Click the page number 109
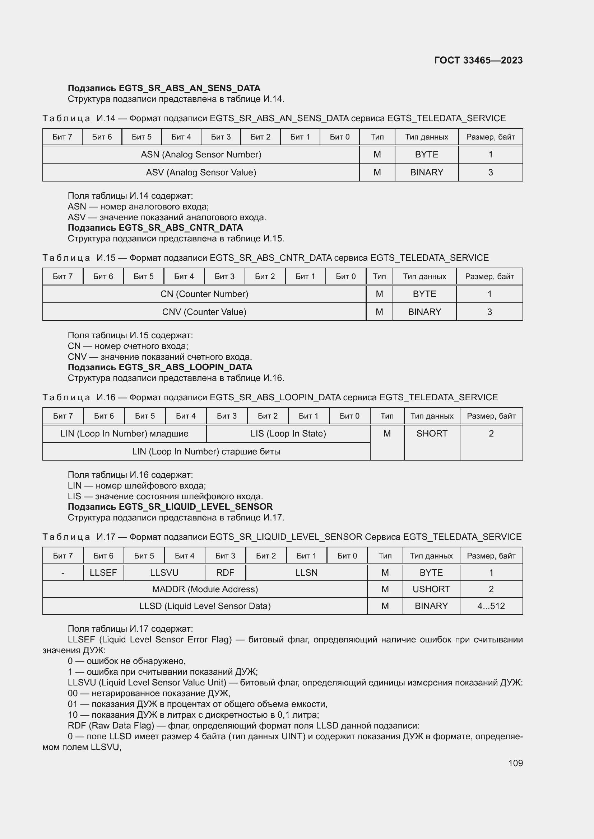[515, 763]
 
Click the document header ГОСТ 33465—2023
[478, 60]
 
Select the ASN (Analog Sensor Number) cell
[201, 155]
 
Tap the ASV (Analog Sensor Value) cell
[201, 173]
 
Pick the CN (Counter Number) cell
[204, 294]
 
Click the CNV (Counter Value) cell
[204, 312]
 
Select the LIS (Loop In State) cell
[288, 434]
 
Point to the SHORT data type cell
[432, 434]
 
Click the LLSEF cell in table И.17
[103, 572]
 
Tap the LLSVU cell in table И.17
[164, 572]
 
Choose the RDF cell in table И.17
[225, 572]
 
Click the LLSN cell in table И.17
[306, 572]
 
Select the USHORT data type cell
[431, 589]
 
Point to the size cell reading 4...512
[491, 606]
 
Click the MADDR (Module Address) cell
[205, 589]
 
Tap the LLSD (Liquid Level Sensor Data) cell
[205, 606]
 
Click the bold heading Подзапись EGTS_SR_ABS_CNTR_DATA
[155, 228]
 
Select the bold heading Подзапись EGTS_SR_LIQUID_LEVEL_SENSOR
[170, 507]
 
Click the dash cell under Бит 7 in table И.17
[63, 573]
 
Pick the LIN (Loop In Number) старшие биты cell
[206, 452]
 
